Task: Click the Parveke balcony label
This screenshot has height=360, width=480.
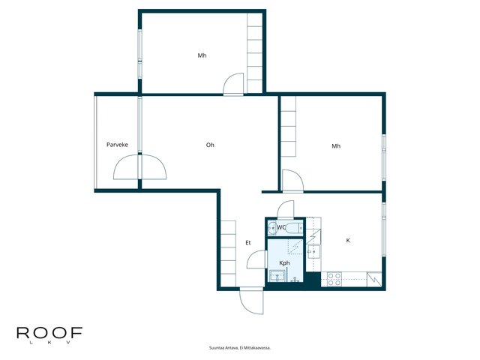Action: click(117, 145)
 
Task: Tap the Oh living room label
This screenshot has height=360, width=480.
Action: click(210, 145)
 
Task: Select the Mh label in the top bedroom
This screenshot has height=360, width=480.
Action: click(202, 55)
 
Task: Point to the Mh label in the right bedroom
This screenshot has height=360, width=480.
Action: click(336, 146)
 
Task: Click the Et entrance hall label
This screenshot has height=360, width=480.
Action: click(248, 243)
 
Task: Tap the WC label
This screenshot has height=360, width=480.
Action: click(281, 227)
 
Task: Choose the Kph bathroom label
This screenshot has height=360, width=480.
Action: click(284, 263)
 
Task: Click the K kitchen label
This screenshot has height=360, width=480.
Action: click(348, 240)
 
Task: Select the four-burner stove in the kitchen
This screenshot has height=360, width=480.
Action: click(334, 279)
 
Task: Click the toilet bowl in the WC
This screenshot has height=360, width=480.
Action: click(293, 228)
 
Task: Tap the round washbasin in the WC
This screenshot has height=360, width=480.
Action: click(271, 228)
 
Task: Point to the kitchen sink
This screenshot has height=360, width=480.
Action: click(313, 252)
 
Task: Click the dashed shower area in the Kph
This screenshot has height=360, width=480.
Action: click(295, 247)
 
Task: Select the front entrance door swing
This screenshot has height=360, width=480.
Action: click(252, 301)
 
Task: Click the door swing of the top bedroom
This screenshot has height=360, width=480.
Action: click(233, 84)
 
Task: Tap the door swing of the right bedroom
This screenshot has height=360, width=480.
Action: click(292, 181)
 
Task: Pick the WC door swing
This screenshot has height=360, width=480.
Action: click(286, 209)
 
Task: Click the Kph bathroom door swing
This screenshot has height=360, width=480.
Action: click(257, 259)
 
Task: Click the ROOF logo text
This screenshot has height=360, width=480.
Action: click(49, 333)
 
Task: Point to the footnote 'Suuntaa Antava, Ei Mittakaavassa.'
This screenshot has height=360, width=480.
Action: click(240, 348)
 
